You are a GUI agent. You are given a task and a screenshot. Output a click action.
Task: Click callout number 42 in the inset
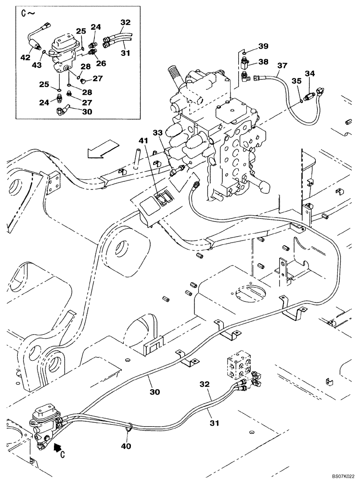(25, 57)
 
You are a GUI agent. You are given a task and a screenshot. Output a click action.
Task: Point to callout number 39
(263, 46)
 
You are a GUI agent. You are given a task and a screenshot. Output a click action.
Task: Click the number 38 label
(263, 62)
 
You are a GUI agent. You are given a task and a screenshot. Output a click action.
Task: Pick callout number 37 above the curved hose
(282, 65)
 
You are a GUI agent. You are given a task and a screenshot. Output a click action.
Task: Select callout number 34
(310, 74)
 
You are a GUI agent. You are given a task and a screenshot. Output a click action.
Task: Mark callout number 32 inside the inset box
(125, 22)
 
